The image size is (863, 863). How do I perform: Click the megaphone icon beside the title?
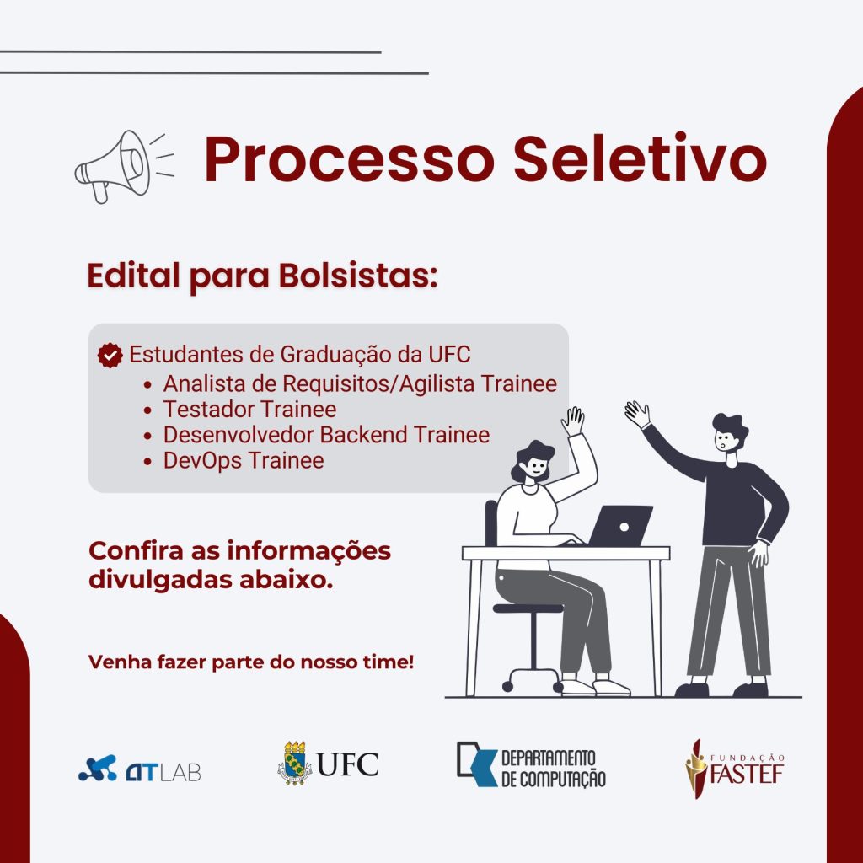coord(114,165)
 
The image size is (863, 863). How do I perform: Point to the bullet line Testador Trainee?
coord(249,410)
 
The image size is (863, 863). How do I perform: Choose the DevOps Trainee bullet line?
coord(243,460)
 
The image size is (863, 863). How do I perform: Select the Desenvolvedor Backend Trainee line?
coord(326,435)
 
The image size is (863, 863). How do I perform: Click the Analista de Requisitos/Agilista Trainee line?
coord(360,383)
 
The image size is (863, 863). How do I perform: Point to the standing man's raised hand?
coord(637,413)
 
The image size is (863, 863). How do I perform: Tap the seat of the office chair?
coord(527,608)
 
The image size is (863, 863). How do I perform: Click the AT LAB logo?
coord(139,769)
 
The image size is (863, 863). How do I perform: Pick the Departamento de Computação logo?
coord(530,765)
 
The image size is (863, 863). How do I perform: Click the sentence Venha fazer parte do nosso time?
coord(251,662)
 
